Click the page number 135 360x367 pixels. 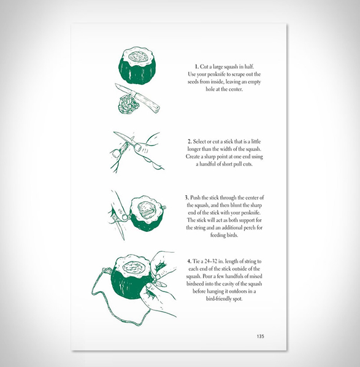(261, 336)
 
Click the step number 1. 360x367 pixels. (196, 67)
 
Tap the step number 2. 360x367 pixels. (190, 142)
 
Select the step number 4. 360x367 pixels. (190, 261)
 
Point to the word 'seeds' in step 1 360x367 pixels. (193, 82)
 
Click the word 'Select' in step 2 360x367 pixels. (199, 142)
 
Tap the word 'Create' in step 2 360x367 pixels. (193, 156)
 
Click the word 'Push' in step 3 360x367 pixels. (195, 198)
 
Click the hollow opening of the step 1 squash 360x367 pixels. (138, 56)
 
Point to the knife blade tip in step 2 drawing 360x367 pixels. (115, 133)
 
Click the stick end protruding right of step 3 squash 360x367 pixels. (164, 207)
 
